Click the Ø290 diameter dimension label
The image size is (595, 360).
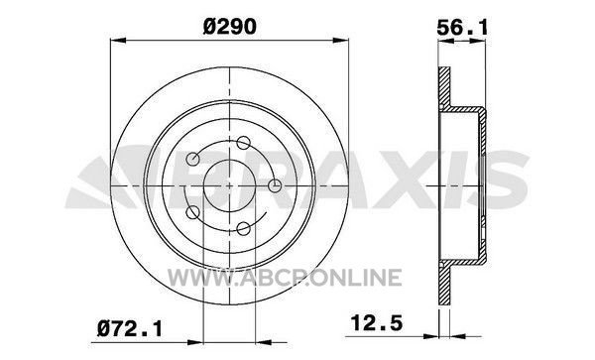tap(230, 27)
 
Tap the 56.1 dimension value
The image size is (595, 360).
tap(462, 28)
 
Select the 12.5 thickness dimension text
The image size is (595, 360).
tap(376, 323)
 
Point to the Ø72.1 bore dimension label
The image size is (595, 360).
tap(129, 328)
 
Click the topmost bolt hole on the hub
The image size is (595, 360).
tap(243, 143)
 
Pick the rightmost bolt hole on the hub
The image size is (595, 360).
tap(275, 185)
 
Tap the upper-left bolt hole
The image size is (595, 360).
tap(193, 159)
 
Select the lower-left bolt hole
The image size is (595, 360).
tap(192, 212)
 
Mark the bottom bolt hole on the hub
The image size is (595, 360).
tap(243, 229)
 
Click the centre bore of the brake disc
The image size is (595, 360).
tap(230, 185)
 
